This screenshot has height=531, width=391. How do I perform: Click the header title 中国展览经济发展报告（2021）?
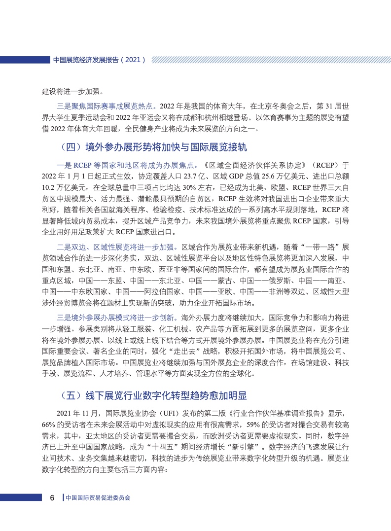pyautogui.click(x=99, y=60)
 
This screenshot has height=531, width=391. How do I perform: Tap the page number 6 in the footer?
pyautogui.click(x=52, y=497)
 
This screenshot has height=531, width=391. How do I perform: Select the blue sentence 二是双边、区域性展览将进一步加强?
pyautogui.click(x=118, y=247)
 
